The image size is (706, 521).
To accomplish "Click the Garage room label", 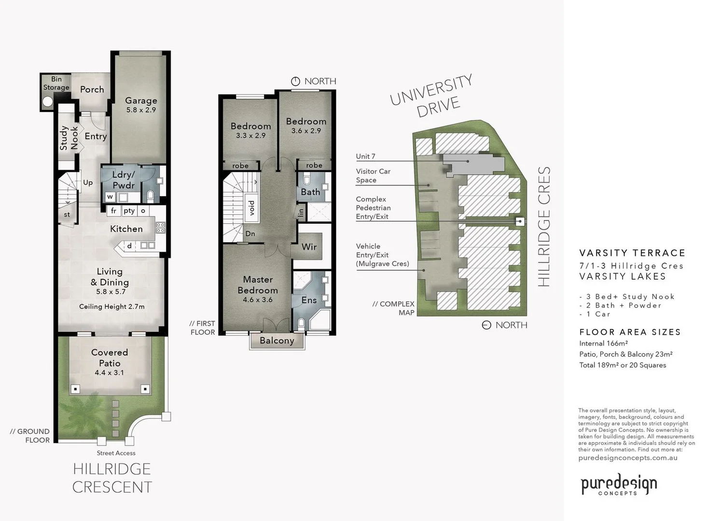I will point(141,101).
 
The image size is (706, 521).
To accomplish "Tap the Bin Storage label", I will point(56,83).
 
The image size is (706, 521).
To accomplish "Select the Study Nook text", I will point(69,138).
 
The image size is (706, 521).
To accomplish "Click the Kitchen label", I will point(126,229).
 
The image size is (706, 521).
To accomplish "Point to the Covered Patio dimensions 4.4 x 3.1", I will point(109,372).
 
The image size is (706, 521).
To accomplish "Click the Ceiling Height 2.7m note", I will point(111,306).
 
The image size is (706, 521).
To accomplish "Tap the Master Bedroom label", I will point(258,285).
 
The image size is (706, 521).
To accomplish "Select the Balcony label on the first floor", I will point(277,341).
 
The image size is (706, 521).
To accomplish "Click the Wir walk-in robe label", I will point(309,247).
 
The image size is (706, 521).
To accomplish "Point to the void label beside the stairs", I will point(251,208).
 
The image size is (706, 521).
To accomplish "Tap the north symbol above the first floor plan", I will point(295,82).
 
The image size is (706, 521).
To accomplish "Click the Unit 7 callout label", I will point(365,156).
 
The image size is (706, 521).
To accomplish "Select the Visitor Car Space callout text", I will point(373,176).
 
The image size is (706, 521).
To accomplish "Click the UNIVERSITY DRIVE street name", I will point(431,96).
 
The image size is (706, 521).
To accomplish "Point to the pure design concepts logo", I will point(618,484).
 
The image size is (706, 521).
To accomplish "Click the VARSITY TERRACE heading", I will point(632,253).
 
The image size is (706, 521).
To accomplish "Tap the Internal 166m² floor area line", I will point(603,343).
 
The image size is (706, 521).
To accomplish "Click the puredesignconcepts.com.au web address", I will point(627,458).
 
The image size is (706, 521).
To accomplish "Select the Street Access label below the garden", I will point(116,453).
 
